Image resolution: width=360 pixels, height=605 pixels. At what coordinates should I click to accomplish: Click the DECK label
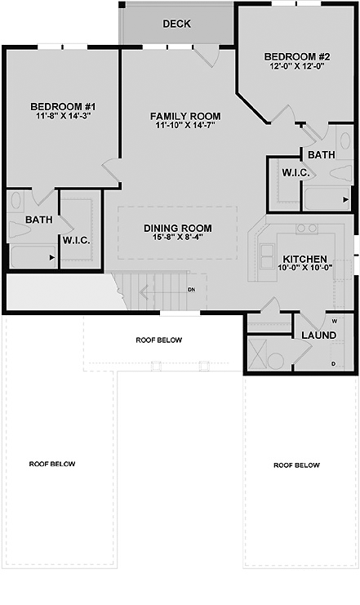(x=176, y=24)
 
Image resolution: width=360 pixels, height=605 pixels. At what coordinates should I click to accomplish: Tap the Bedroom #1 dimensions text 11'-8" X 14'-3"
(x=64, y=115)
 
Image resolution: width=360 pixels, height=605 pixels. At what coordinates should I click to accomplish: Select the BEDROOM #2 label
(x=296, y=56)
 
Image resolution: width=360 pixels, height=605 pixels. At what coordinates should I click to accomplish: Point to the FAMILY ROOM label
(x=185, y=116)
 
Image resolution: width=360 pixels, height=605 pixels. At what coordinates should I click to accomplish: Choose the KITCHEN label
(x=304, y=259)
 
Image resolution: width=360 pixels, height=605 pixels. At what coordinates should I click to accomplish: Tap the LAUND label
(x=318, y=336)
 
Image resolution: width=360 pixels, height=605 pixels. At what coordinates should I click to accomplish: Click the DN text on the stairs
(x=191, y=289)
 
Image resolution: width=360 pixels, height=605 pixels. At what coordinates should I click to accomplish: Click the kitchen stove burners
(x=307, y=229)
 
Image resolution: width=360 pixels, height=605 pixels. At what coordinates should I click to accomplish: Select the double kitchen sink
(x=267, y=256)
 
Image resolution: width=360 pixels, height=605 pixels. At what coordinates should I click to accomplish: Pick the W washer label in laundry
(x=334, y=321)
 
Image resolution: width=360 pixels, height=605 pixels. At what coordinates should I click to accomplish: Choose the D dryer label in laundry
(x=333, y=364)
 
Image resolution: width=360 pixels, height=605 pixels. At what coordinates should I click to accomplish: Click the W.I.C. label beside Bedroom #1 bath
(x=77, y=240)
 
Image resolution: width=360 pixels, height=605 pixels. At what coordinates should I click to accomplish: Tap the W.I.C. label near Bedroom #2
(x=296, y=172)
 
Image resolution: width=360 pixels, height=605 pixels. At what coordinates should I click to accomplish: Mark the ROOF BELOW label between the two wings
(x=159, y=340)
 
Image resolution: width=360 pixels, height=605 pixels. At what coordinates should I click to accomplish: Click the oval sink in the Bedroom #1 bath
(x=16, y=201)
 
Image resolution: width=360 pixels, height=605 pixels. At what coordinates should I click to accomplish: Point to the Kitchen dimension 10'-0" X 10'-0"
(x=305, y=267)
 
